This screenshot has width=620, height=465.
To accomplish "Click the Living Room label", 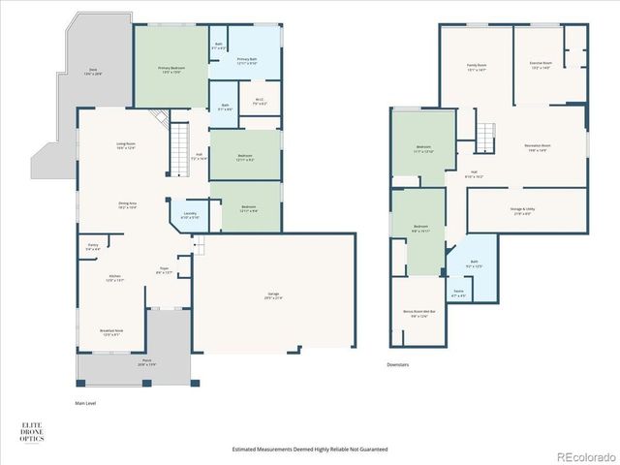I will click(x=126, y=145).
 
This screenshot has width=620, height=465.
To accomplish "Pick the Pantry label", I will click(x=93, y=248).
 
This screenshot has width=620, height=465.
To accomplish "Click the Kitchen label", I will click(x=114, y=277).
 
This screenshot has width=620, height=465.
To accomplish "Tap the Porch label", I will click(x=146, y=362).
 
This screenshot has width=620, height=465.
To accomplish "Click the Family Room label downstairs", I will click(x=477, y=67).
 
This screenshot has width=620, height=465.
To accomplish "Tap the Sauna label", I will click(x=459, y=294).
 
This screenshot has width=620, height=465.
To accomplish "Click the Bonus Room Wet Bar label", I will click(x=419, y=314).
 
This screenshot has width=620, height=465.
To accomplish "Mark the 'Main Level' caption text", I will click(x=87, y=403).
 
